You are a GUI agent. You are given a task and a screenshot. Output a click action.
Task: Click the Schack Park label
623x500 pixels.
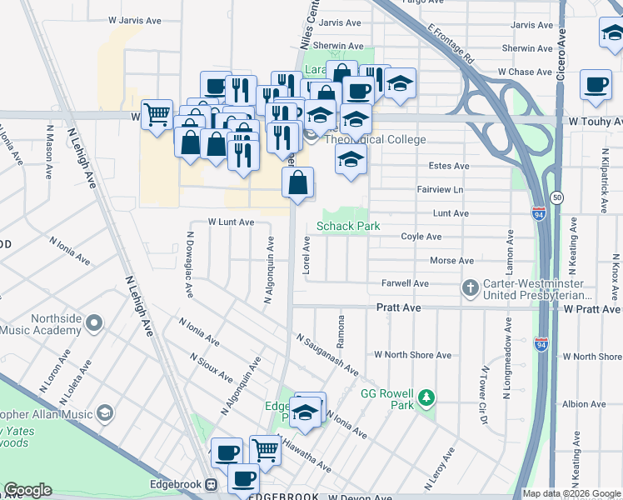pos(348,226)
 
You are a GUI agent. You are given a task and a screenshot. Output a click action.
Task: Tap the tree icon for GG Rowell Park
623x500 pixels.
pos(426,397)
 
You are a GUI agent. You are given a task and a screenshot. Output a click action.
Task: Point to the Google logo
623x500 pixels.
pos(27,490)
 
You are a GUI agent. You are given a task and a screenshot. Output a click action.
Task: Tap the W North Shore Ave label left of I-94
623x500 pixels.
pos(412,355)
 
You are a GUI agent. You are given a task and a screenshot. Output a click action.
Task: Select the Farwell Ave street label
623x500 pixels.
pos(405,284)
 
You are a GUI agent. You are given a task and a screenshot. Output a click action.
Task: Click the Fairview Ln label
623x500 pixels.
pos(440,190)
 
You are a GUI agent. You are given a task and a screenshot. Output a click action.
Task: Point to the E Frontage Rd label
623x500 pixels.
pos(451,43)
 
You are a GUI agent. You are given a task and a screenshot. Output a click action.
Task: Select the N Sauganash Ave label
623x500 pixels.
pos(326,353)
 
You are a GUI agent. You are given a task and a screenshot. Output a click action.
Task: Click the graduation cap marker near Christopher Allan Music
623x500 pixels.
pos(105,413)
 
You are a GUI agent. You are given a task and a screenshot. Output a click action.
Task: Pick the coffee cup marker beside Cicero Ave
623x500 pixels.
pos(596,86)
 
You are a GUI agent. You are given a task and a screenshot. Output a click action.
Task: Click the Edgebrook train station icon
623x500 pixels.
pos(212,484)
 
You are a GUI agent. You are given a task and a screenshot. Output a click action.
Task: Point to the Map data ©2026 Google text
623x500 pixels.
pos(571,493)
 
